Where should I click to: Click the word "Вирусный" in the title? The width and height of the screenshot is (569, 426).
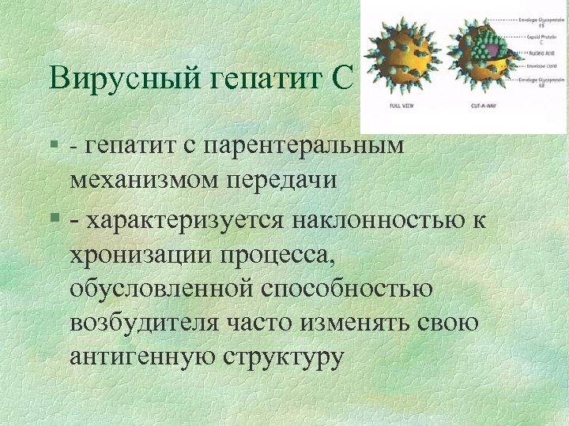coord(107,80)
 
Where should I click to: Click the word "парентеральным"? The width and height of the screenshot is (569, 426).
coord(303,145)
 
